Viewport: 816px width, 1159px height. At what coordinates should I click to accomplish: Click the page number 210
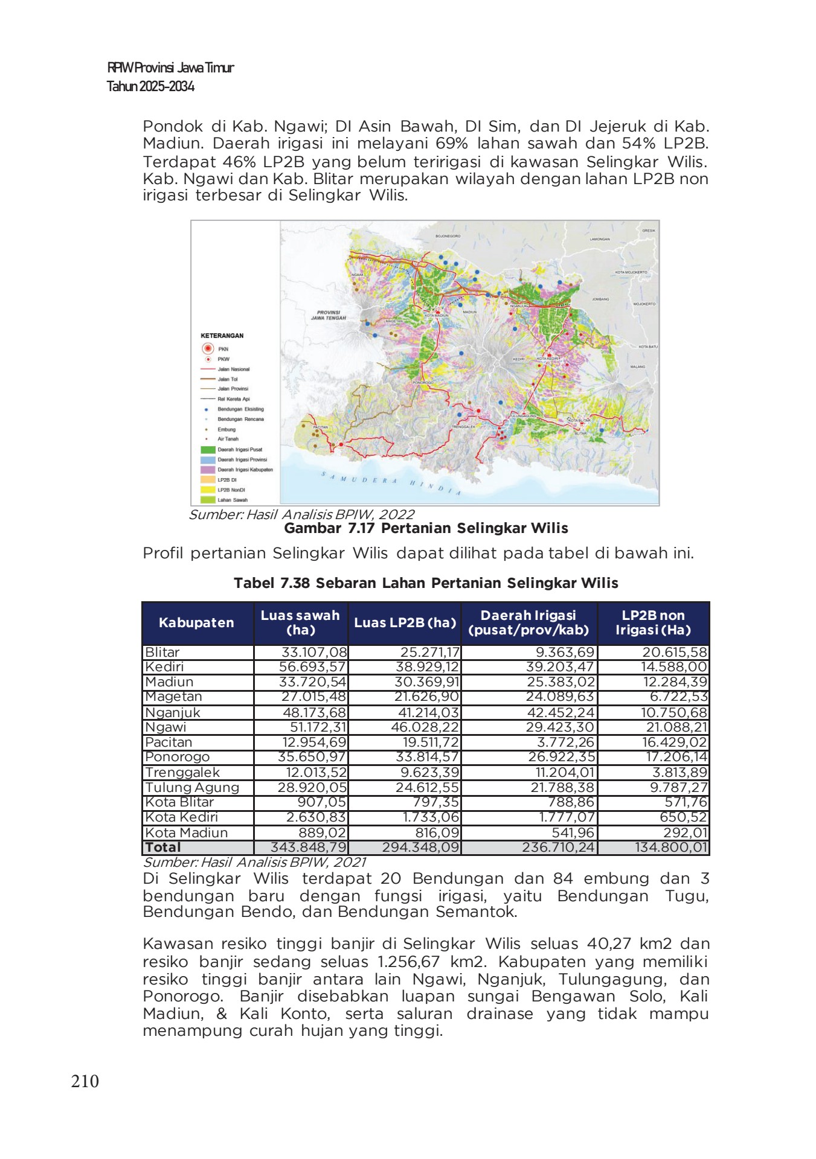[85, 1081]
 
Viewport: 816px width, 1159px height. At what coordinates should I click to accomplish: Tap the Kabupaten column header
[196, 622]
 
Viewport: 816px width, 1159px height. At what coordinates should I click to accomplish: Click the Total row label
[163, 848]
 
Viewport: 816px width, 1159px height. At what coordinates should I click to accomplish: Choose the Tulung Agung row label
[192, 787]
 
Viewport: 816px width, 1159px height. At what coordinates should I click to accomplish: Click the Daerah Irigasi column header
[528, 622]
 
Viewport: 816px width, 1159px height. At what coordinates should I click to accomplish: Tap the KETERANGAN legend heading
[222, 336]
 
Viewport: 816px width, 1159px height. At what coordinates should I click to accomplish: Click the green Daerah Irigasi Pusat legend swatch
[208, 450]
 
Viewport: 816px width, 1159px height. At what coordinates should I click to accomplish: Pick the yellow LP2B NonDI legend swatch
[208, 490]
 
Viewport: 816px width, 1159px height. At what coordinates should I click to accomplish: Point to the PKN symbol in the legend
[208, 348]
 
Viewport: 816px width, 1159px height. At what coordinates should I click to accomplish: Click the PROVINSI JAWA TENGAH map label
[329, 315]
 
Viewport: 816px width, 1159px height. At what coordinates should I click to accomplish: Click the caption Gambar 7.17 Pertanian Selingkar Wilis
[426, 528]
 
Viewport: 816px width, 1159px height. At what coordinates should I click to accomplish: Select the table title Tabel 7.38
[426, 583]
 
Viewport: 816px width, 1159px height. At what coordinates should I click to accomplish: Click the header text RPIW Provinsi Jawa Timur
[170, 68]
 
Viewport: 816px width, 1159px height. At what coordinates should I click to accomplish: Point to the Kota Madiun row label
[187, 832]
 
